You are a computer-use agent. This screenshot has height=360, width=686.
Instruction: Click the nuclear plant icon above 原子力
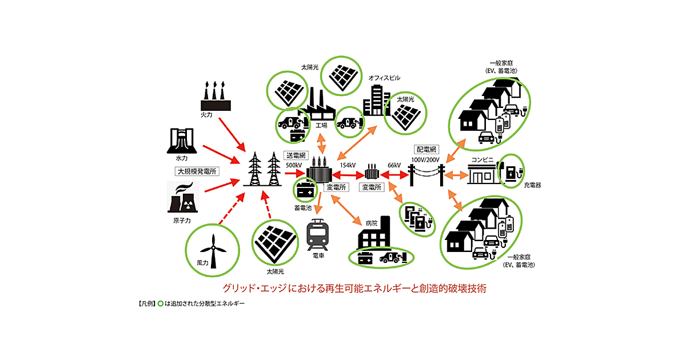pos(184,198)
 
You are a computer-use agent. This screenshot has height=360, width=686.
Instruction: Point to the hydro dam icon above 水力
pos(181,141)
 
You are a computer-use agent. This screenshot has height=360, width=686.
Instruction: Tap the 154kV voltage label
pos(348,166)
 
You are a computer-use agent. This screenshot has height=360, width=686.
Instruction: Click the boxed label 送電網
pos(296,155)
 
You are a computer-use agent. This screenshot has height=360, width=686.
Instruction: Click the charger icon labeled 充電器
pos(512,170)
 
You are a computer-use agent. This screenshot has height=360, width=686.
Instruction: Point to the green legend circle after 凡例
pos(161,303)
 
